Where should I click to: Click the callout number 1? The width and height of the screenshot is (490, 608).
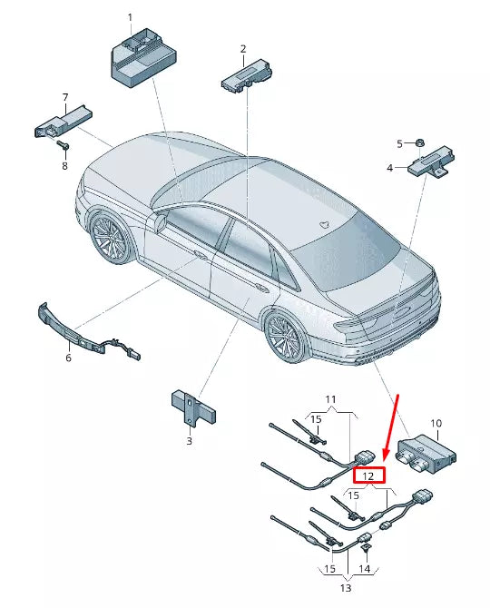130,17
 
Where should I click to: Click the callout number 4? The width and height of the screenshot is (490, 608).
389,168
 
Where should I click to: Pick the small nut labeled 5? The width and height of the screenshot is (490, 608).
422,142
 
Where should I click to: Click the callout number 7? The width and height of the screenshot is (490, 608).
64,96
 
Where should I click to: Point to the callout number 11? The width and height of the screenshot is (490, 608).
330,399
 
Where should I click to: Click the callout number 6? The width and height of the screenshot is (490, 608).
67,358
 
